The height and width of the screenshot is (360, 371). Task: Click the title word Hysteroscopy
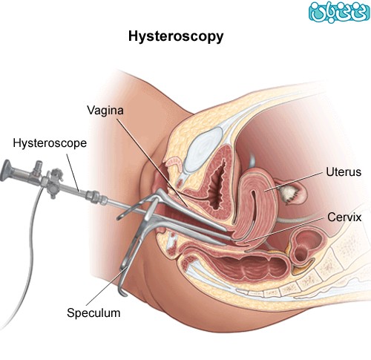176,37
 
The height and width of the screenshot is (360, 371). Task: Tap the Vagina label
105,111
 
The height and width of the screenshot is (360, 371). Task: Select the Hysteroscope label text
50,143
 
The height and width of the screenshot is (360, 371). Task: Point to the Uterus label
344,171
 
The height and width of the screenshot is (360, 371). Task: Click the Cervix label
344,217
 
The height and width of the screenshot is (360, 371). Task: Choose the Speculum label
93,312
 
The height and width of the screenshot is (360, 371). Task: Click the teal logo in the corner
339,11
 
